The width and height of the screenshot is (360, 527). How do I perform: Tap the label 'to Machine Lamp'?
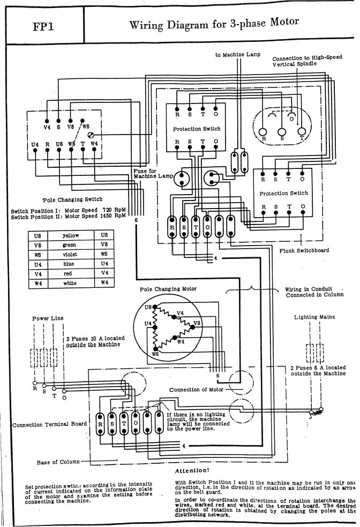[x=238, y=55]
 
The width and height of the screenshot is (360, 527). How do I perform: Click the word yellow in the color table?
[x=71, y=235]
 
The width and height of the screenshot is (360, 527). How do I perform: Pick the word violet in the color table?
[x=70, y=254]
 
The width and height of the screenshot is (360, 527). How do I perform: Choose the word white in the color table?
[x=70, y=282]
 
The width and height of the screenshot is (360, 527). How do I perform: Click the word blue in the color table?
[x=70, y=264]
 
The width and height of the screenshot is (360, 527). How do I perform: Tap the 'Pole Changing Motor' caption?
[x=168, y=289]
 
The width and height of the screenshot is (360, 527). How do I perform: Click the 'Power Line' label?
[x=48, y=318]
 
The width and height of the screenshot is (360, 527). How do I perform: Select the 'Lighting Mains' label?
[x=314, y=317]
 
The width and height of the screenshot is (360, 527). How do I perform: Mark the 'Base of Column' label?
[x=58, y=462]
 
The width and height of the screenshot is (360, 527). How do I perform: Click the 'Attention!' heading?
[x=192, y=471]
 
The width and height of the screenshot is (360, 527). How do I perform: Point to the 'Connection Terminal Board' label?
[x=49, y=425]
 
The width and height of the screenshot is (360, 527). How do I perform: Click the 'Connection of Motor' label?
[x=196, y=390]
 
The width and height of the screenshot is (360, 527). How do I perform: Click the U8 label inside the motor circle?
[x=148, y=308]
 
